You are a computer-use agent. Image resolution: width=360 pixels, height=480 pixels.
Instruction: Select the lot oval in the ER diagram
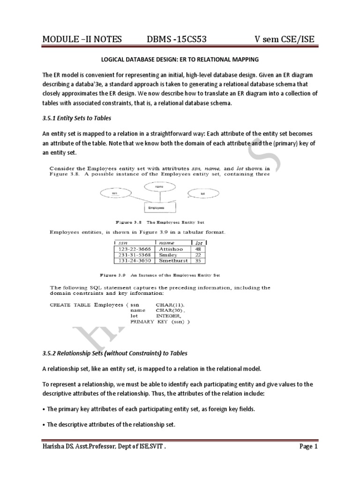(202, 192)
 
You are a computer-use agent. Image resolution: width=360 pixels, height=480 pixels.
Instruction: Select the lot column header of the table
(198, 243)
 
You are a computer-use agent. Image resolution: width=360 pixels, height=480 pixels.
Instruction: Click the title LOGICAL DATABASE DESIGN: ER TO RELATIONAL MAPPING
(180, 60)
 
